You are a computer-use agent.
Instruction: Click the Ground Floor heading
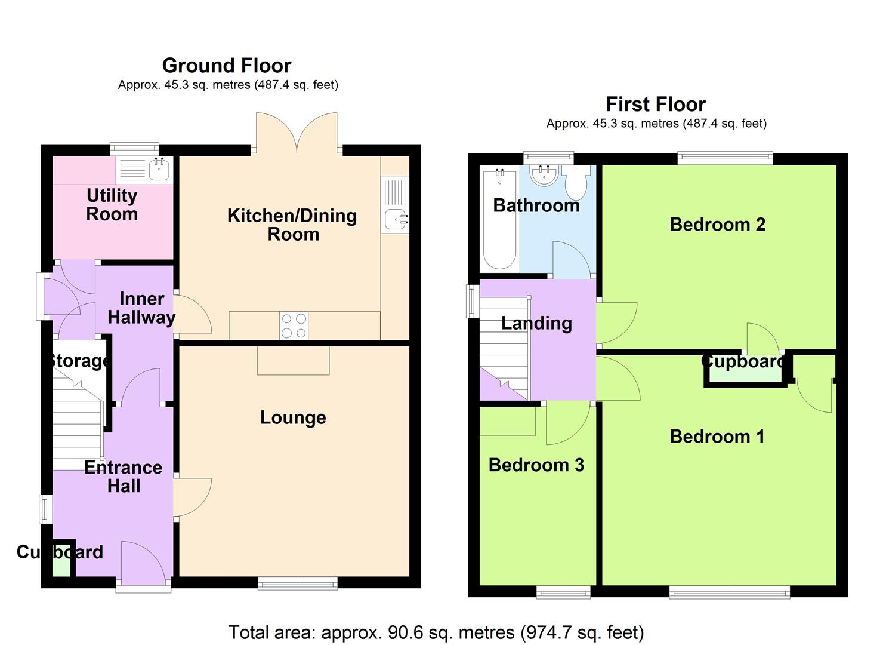(227, 65)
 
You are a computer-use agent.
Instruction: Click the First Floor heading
(655, 104)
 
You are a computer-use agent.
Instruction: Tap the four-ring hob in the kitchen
(294, 326)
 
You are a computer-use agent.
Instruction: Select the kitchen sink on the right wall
(396, 219)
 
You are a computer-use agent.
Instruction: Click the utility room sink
(159, 170)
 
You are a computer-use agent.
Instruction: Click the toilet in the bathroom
(576, 183)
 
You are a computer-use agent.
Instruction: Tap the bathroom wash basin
(544, 174)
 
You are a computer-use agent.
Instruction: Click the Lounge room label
(293, 417)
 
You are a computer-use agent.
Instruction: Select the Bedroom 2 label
(717, 225)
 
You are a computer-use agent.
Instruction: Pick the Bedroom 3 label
(536, 465)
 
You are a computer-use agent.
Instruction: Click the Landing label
(536, 323)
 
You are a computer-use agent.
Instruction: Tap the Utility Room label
(112, 204)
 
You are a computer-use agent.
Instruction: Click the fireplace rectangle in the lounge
(293, 361)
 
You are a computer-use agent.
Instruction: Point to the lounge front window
(298, 583)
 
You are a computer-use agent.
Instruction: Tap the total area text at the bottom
(436, 632)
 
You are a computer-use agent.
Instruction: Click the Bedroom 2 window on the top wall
(725, 158)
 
